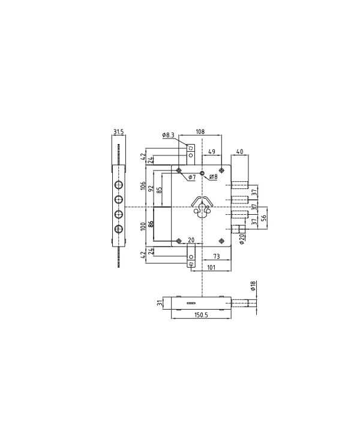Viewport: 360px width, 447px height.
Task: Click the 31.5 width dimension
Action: click(118, 131)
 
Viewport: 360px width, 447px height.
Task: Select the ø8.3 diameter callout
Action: click(168, 136)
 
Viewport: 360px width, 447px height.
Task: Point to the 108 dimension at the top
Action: click(200, 131)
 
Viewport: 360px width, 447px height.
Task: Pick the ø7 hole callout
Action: click(191, 178)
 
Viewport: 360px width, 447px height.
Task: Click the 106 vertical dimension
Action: click(143, 186)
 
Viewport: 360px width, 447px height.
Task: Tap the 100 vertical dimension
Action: click(143, 227)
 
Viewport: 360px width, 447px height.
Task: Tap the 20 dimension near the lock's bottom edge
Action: click(191, 240)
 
